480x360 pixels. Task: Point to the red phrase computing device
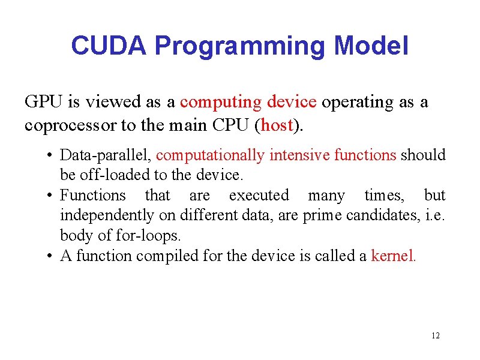248,102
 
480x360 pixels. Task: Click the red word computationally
210,155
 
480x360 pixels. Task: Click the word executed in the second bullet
259,196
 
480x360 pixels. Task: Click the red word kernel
393,256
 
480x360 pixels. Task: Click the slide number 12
436,335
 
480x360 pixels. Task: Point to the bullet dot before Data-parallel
47,156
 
